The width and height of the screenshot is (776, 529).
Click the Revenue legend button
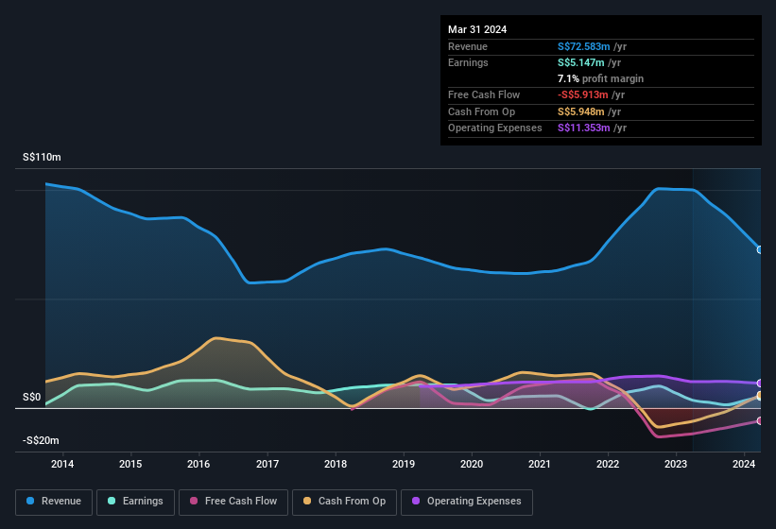[55, 502]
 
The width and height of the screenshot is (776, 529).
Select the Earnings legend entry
[136, 502]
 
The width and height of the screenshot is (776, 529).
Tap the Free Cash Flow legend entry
[233, 502]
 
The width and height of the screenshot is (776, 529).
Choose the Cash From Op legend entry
[344, 502]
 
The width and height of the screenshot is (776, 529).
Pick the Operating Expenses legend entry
[466, 502]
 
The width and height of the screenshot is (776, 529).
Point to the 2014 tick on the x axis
[62, 464]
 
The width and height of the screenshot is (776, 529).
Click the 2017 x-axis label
[267, 464]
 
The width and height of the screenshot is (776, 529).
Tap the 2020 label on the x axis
[472, 464]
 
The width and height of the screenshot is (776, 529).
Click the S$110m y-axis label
[42, 158]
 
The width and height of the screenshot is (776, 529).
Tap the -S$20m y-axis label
[41, 441]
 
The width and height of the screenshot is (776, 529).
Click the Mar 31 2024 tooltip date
[477, 29]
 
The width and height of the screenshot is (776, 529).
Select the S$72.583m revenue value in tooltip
[583, 46]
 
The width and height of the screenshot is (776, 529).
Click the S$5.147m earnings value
[579, 62]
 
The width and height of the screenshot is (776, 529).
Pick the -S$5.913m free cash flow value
[582, 95]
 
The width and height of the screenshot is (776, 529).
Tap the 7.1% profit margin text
[600, 78]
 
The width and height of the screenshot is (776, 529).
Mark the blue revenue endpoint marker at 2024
[760, 249]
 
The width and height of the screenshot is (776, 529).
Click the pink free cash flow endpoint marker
[760, 421]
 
